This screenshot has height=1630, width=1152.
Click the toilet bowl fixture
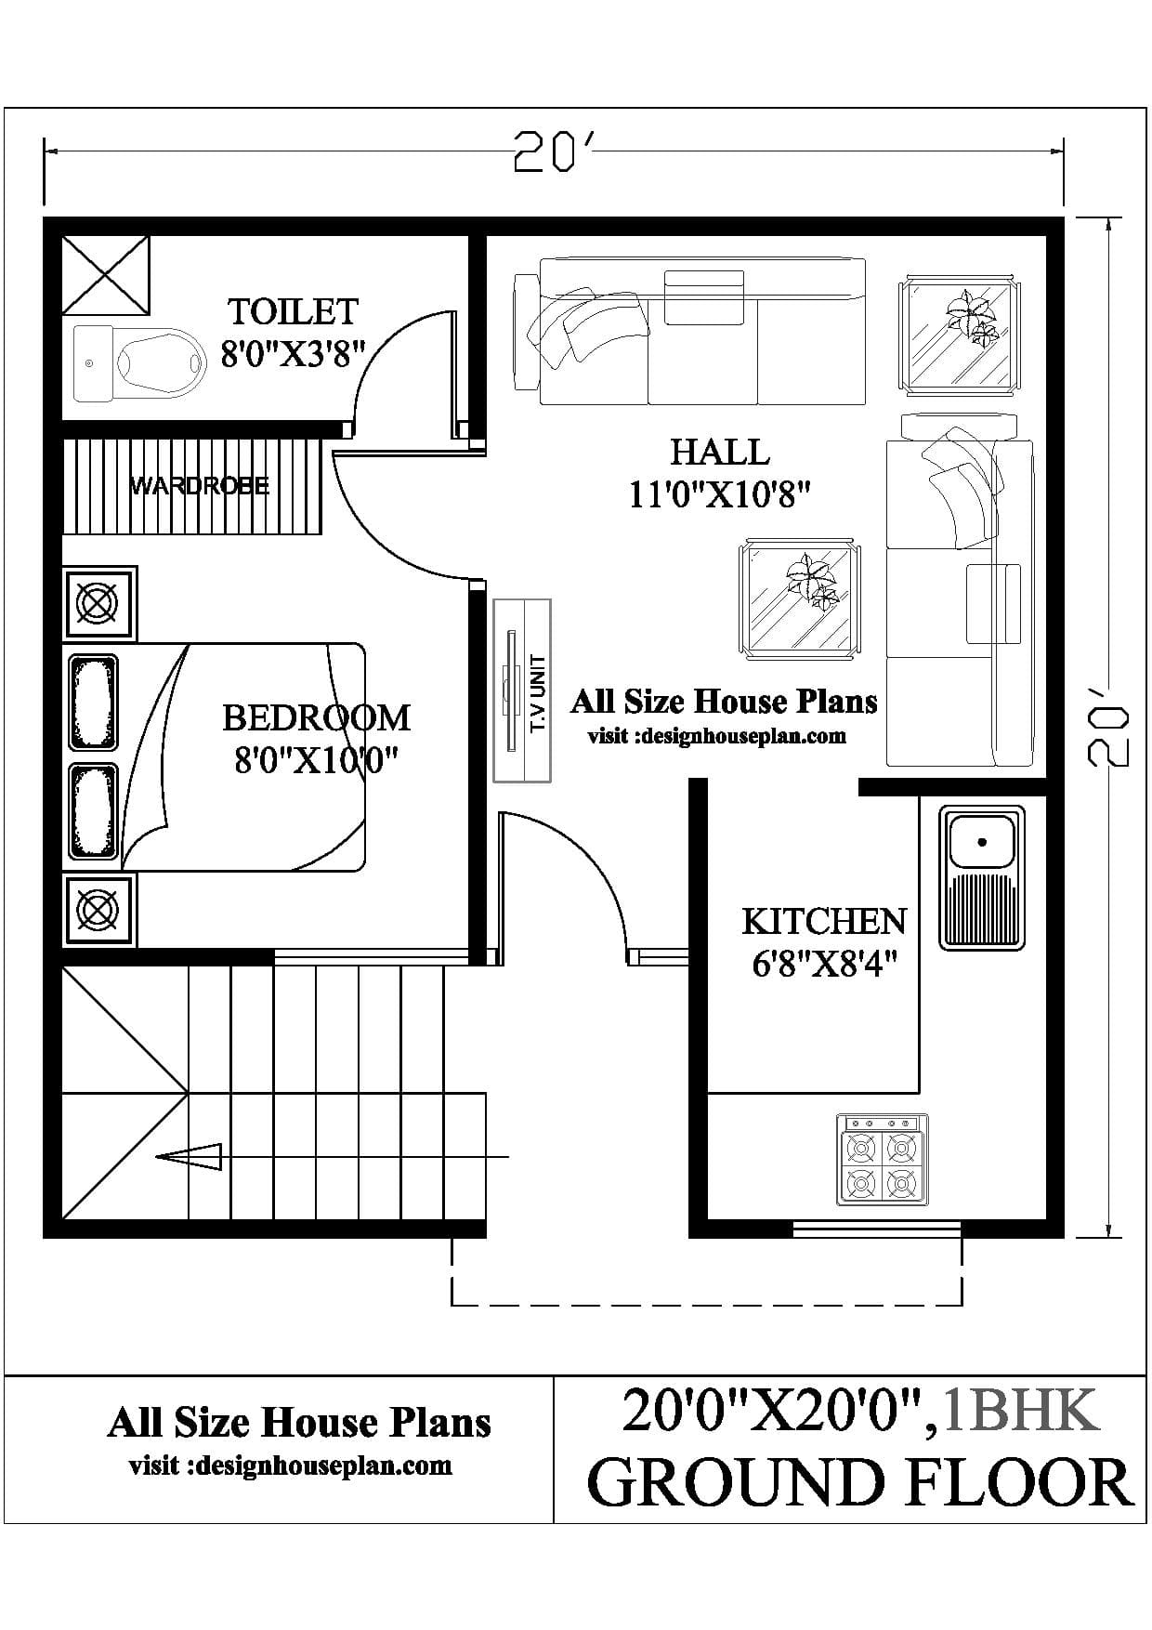tap(139, 363)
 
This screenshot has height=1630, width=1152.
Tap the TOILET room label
tap(293, 311)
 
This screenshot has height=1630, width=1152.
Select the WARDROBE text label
tap(199, 485)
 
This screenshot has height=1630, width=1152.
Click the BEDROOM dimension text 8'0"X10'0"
tap(317, 760)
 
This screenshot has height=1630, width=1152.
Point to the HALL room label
tap(720, 453)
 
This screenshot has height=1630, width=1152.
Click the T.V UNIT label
tap(538, 692)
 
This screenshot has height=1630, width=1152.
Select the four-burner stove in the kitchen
tap(882, 1160)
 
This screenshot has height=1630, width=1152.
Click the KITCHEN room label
tap(824, 921)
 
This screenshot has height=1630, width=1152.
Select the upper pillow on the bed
tap(93, 703)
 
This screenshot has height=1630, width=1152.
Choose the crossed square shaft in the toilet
tap(106, 275)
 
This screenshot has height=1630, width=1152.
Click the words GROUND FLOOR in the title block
tap(861, 1483)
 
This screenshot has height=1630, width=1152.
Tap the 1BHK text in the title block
tap(1021, 1409)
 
